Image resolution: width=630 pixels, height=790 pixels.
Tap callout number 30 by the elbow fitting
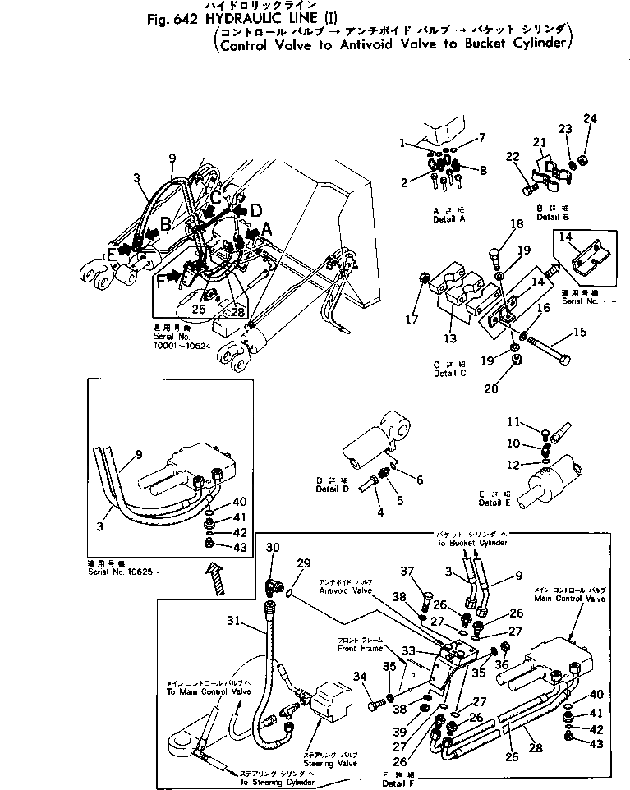274,548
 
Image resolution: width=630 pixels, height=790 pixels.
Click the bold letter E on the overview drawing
112,254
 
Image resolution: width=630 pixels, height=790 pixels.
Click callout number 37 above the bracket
407,572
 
